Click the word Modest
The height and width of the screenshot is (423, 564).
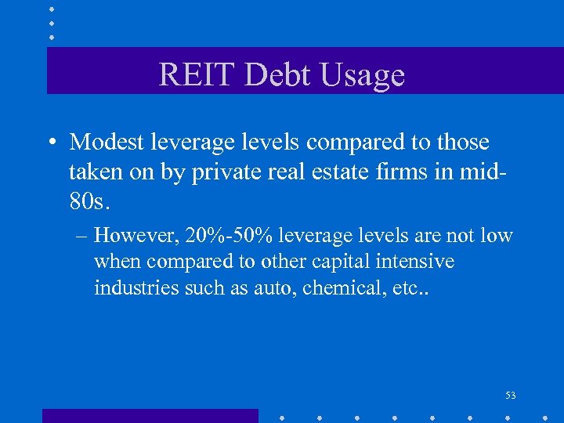tap(107, 143)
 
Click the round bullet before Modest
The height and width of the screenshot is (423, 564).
tap(52, 143)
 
